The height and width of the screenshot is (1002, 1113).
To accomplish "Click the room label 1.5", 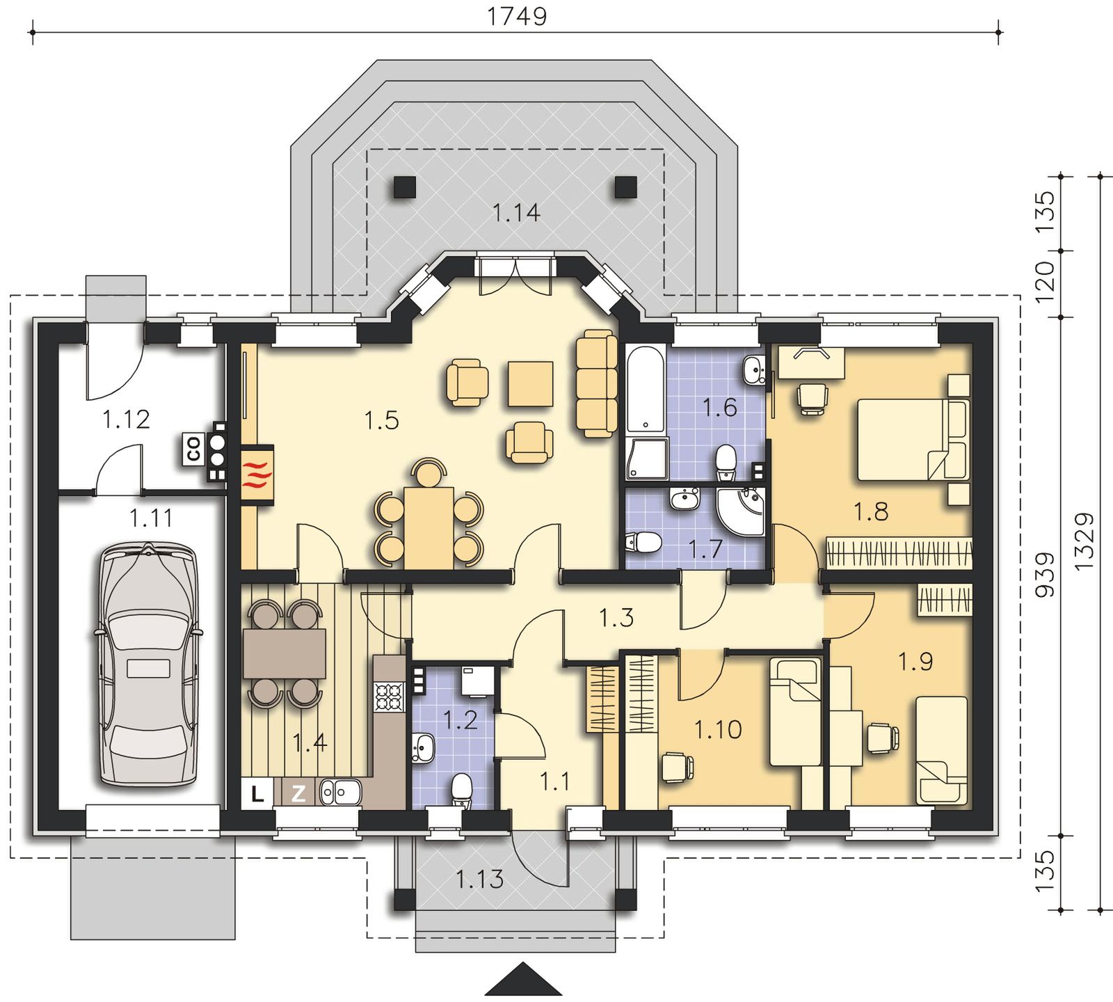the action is click(381, 420).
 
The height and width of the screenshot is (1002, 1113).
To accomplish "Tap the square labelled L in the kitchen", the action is click(257, 794).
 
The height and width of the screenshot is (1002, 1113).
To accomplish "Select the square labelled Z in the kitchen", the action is click(298, 794).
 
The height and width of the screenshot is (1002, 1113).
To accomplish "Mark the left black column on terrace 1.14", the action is click(404, 187).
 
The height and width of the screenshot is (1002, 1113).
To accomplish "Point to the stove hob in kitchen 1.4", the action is click(389, 697).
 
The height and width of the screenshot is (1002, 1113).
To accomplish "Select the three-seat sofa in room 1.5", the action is click(597, 383).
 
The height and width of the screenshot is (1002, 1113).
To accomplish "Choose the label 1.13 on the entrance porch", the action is click(480, 880).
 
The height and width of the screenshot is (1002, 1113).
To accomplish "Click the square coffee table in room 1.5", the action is click(531, 383).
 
